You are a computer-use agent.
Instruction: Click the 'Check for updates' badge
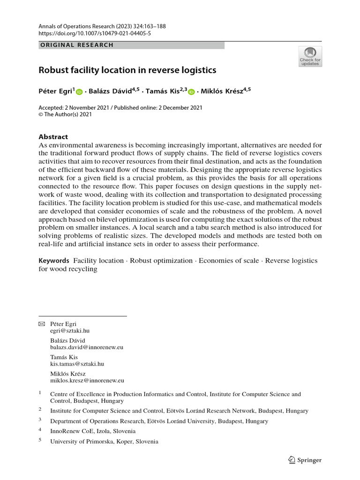310,56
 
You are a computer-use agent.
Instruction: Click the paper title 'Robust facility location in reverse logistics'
127,70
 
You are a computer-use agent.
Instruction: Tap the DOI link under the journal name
95,33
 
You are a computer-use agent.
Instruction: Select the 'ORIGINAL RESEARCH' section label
77,45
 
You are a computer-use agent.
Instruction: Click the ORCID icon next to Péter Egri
79,93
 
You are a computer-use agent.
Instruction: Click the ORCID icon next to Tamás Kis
191,93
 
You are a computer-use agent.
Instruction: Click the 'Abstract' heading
53,137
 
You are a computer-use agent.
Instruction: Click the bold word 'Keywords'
53,261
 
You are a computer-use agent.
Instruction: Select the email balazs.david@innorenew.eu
87,347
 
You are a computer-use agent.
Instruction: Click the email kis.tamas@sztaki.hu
77,364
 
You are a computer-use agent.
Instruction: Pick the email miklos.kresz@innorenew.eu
87,381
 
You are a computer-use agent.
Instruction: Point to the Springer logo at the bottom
305,460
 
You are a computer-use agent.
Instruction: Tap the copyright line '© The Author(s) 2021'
65,114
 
